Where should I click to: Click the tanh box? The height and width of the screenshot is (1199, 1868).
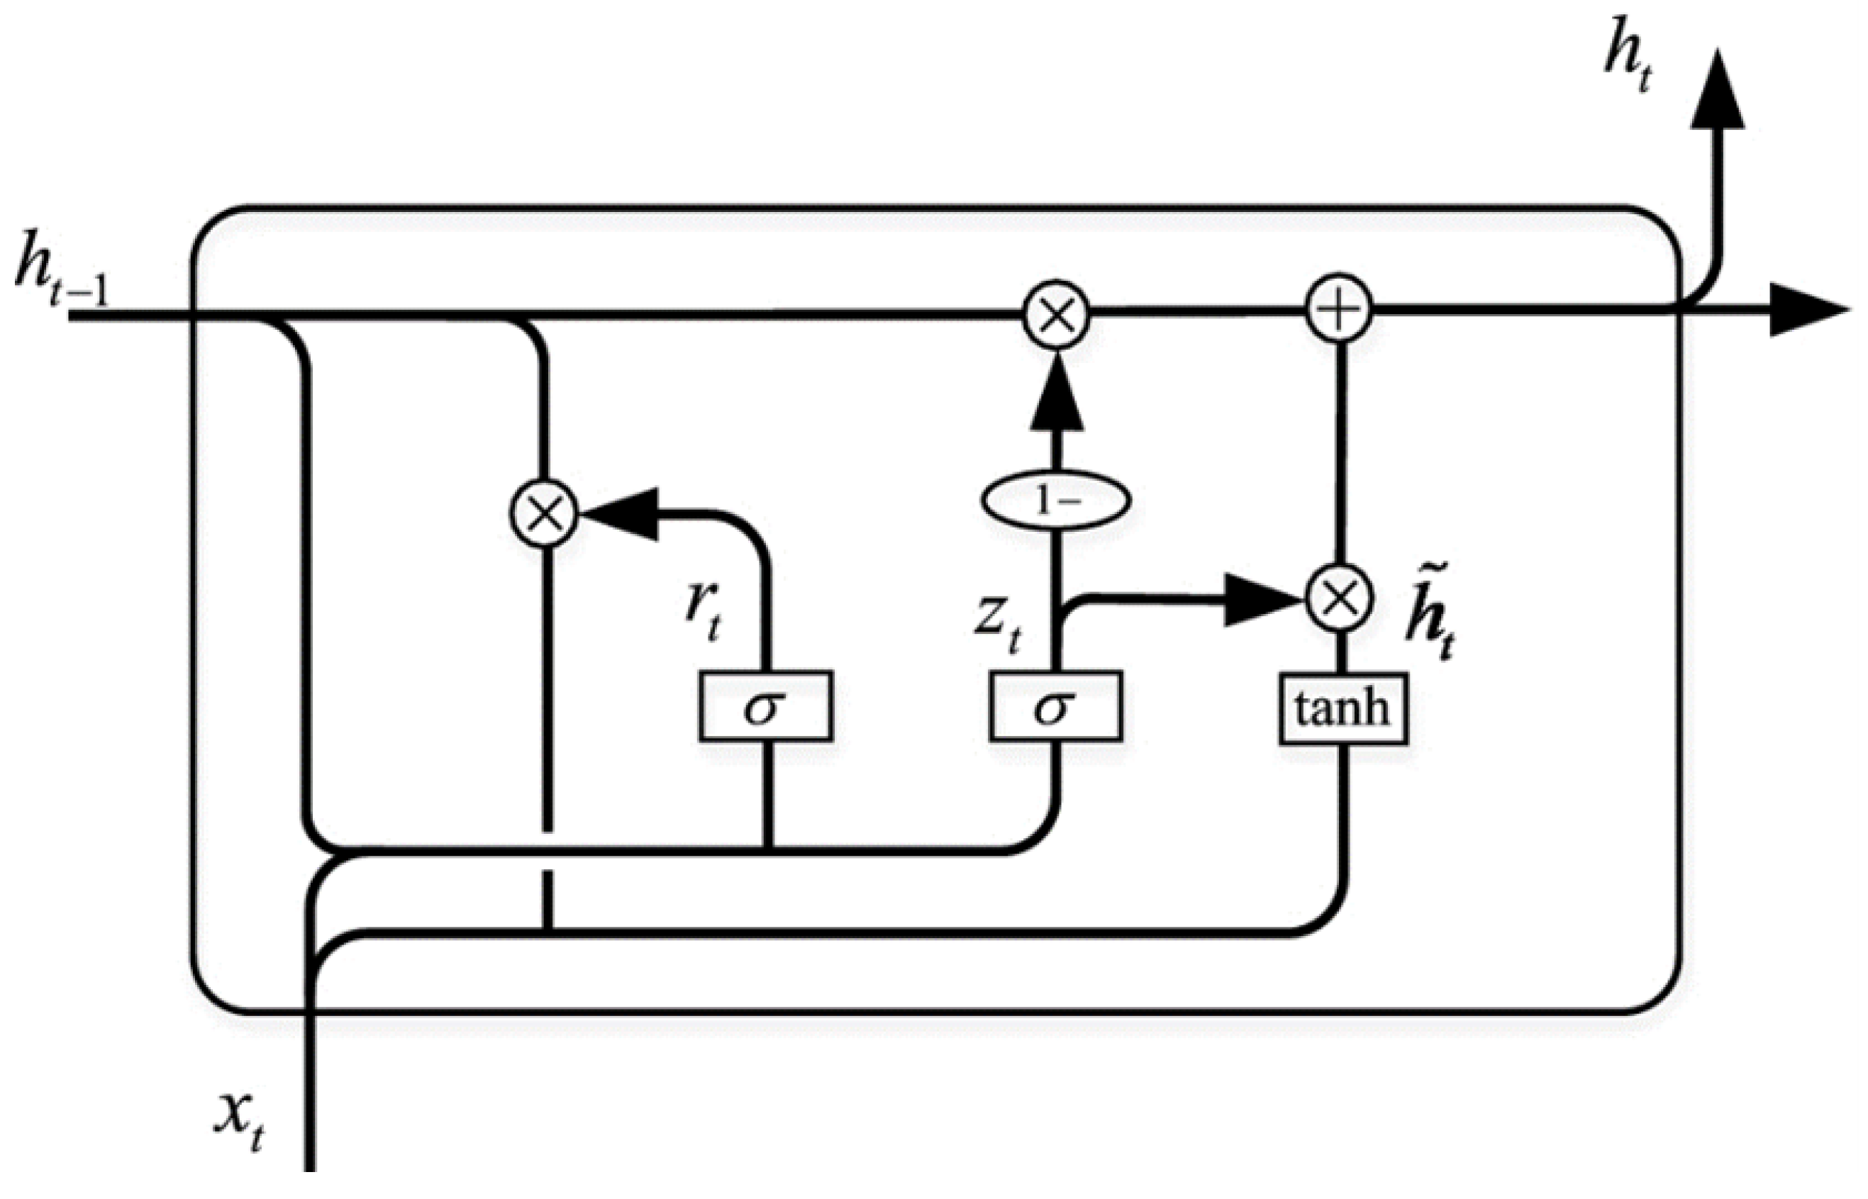[x=1342, y=709]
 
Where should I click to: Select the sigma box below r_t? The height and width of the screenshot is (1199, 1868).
[x=765, y=706]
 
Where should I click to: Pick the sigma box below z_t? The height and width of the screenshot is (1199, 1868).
[x=1055, y=706]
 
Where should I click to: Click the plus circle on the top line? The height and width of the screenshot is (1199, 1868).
[x=1338, y=311]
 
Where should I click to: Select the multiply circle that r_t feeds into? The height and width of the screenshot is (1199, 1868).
[x=544, y=514]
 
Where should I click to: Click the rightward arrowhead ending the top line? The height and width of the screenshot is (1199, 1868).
[x=1806, y=310]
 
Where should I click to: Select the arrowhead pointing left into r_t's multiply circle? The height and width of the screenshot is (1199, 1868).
[x=619, y=514]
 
